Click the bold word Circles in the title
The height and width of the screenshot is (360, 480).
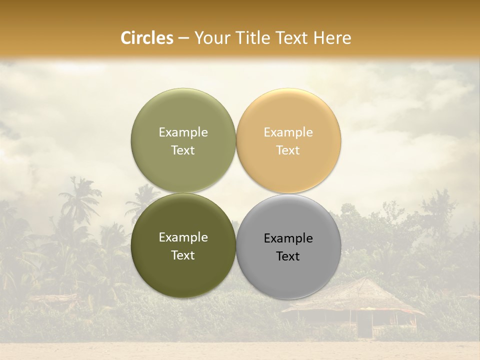click(x=147, y=38)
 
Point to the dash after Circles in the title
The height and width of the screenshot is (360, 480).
click(x=183, y=38)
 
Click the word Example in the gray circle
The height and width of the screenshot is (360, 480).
click(x=288, y=238)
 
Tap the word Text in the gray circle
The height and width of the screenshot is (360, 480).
click(x=288, y=256)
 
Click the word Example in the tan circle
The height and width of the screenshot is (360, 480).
click(x=288, y=132)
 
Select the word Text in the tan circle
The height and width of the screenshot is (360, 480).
click(x=288, y=150)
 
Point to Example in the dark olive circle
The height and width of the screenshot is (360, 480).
click(x=183, y=237)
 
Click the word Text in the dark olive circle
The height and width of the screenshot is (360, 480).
click(x=183, y=255)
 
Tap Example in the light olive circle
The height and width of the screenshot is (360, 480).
click(x=183, y=132)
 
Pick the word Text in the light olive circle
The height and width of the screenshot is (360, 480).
click(x=183, y=150)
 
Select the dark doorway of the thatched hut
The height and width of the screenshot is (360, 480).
click(x=364, y=327)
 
